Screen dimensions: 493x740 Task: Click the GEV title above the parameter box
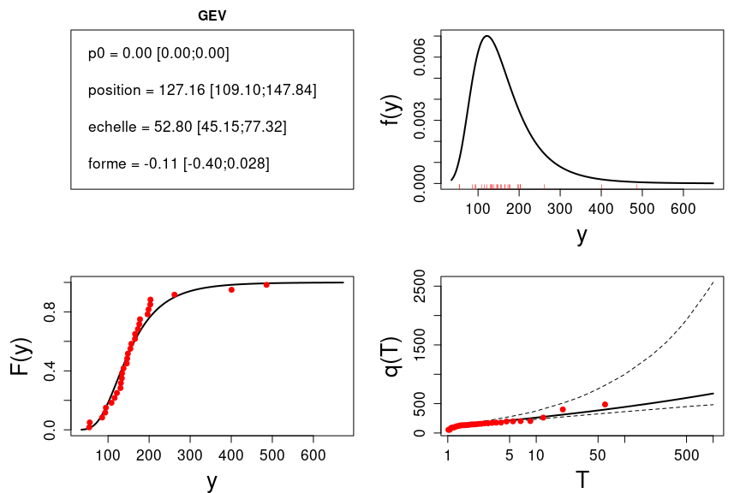(x=212, y=15)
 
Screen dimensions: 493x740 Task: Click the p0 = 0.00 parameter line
(x=158, y=54)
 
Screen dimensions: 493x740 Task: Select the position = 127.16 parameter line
(x=202, y=91)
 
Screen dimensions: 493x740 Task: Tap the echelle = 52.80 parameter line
(x=187, y=127)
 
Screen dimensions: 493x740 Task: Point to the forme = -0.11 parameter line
(x=178, y=163)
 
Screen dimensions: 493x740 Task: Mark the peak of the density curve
(x=486, y=36)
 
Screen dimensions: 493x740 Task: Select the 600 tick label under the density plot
(x=683, y=211)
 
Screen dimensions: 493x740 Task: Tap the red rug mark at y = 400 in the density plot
(x=601, y=186)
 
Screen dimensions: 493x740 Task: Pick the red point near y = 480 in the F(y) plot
(x=266, y=284)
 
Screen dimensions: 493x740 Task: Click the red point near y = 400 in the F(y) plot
(x=231, y=289)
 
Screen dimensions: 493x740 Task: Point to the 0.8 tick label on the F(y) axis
(x=51, y=313)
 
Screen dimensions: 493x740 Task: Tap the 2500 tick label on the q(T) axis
(x=419, y=286)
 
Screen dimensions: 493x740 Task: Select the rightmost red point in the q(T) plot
(x=605, y=404)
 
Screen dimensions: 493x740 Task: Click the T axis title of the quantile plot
(x=582, y=479)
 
